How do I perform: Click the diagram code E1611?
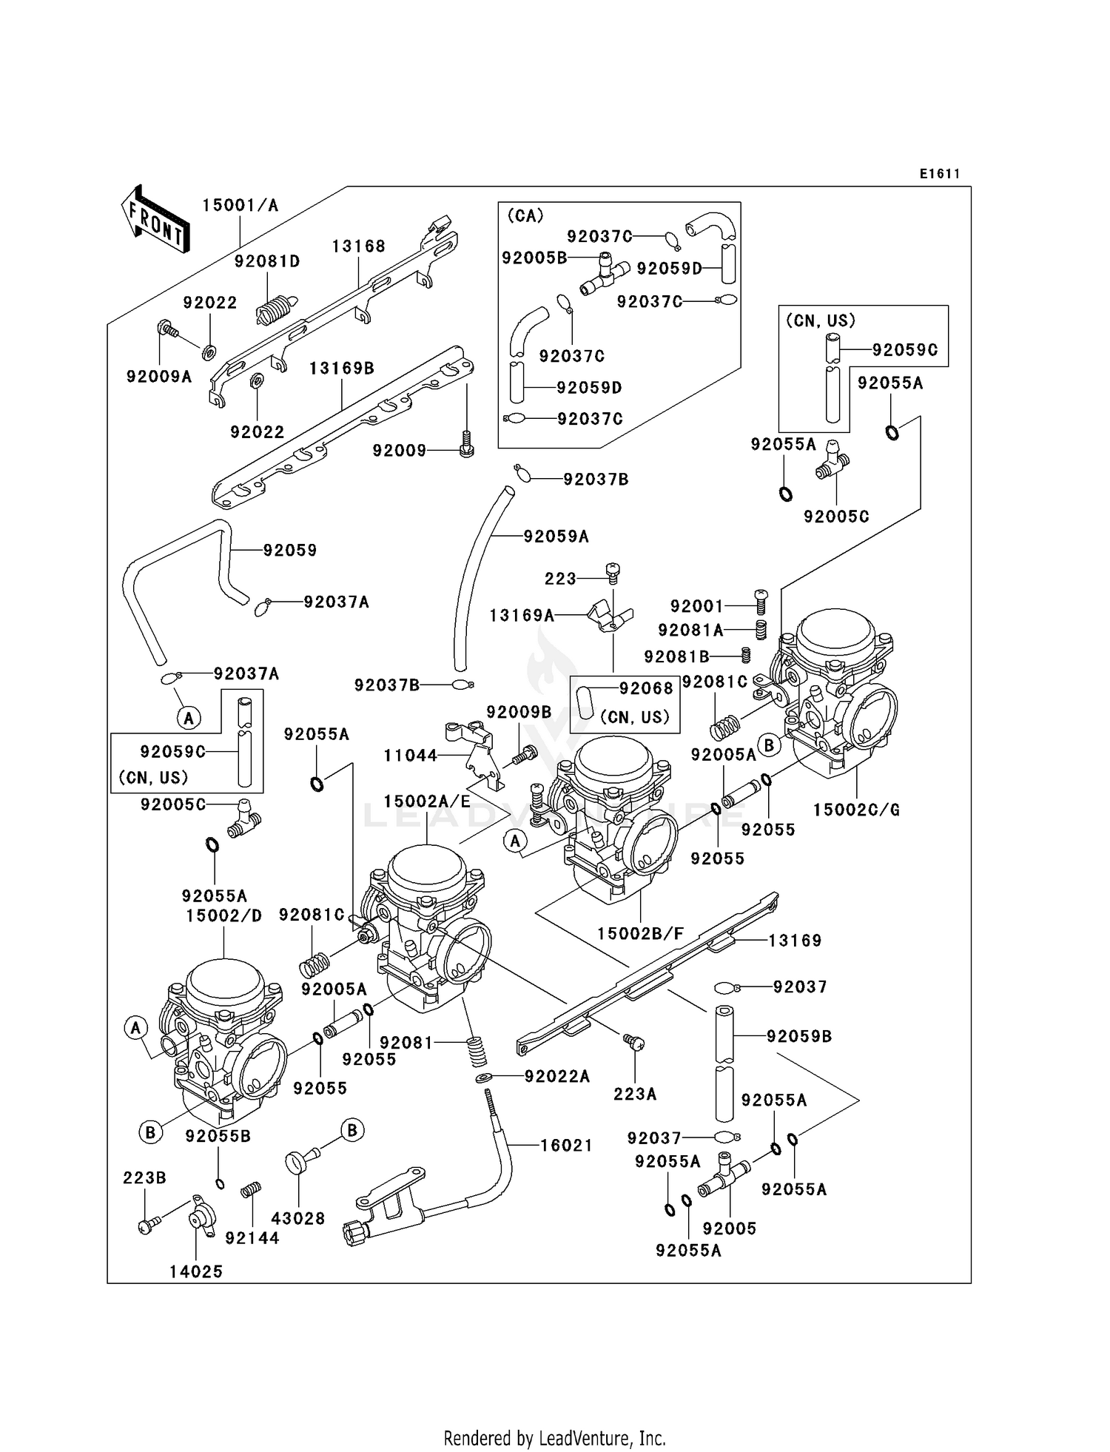coord(939,174)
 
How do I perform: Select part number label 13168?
coord(358,246)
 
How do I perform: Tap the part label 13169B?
coord(341,368)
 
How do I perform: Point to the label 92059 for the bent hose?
coord(289,550)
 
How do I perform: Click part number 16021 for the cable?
coord(566,1146)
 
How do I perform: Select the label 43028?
coord(298,1218)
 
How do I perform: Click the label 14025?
coord(195,1271)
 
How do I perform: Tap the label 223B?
coord(144,1177)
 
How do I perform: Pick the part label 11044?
coord(410,756)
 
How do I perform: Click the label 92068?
coord(646,688)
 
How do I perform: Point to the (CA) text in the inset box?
coord(525,215)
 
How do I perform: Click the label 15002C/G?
coord(856,810)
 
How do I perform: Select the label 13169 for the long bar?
coord(795,941)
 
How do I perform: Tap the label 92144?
coord(252,1237)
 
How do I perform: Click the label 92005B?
coord(534,258)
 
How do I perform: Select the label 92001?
coord(696,606)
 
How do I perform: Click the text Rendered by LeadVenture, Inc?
coord(554,1438)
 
